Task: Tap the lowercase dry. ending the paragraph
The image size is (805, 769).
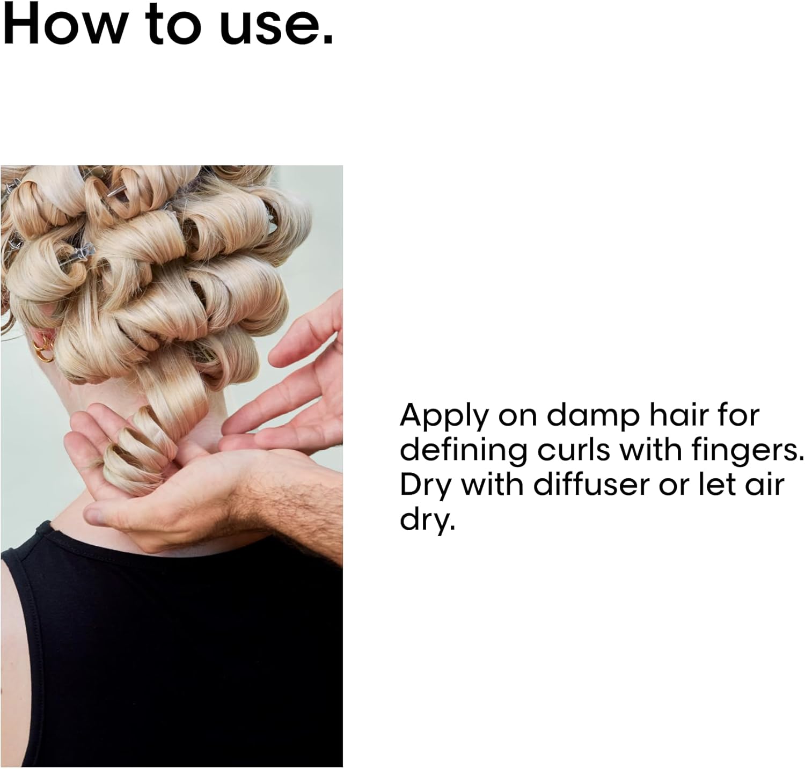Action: coord(427,518)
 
